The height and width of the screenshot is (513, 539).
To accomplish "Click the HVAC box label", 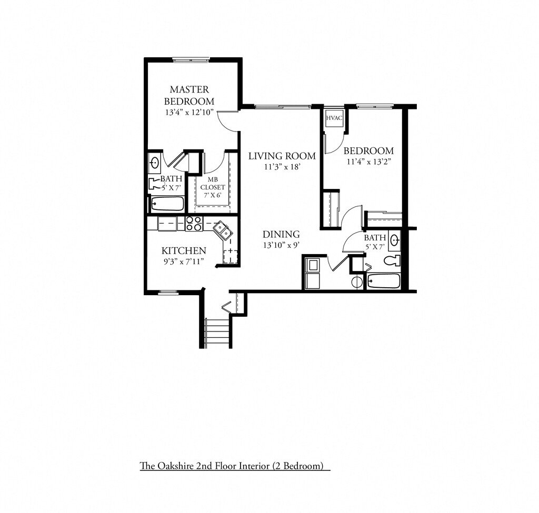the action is click(334, 118).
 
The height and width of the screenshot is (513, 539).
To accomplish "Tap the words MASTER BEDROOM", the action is click(189, 95).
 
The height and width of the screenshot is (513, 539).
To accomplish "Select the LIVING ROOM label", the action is click(282, 156).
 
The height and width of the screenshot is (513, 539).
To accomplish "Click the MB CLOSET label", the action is click(213, 183).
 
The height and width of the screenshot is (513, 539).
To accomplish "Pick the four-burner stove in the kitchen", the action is click(194, 224).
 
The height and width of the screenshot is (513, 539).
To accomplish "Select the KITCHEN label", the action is click(183, 250).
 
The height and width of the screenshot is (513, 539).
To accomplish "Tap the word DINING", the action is click(281, 235).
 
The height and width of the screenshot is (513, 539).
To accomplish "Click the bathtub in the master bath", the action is click(167, 204).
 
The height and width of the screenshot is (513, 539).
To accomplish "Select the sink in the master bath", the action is click(155, 162).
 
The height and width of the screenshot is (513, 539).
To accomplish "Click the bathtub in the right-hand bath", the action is click(384, 280).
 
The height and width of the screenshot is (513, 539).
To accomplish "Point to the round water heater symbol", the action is click(356, 281).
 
